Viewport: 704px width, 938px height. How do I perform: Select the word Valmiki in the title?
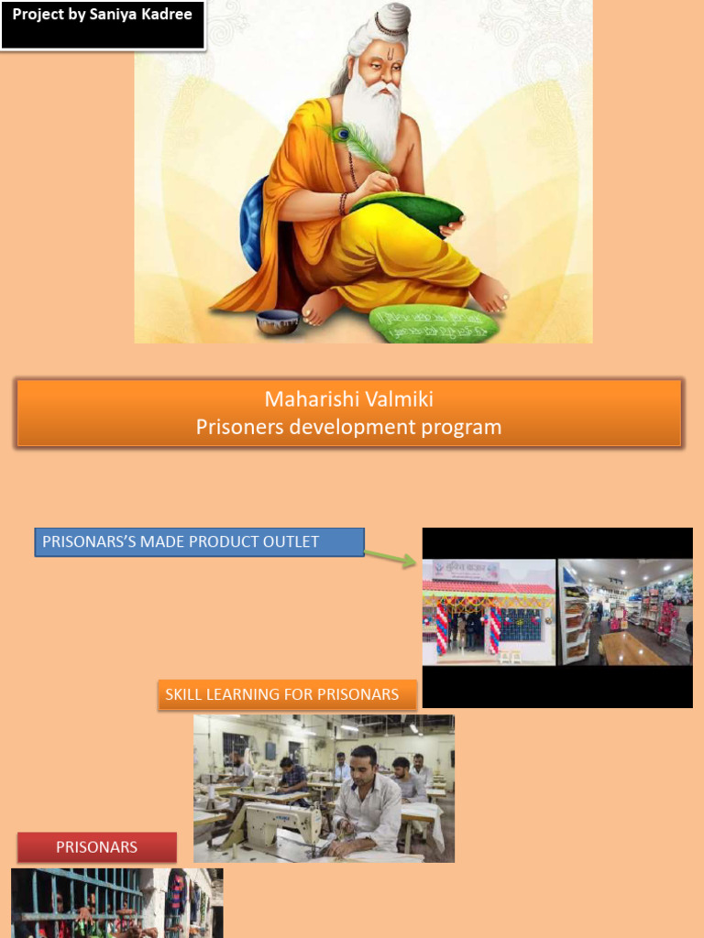[x=398, y=399]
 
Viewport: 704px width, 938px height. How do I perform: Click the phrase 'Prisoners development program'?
[x=348, y=427]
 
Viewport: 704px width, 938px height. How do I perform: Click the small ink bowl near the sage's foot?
[x=278, y=321]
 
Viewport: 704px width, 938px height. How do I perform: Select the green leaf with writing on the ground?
[x=434, y=324]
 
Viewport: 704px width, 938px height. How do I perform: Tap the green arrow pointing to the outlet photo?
[x=390, y=557]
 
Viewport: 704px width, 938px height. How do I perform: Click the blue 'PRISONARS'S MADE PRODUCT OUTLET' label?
[x=199, y=541]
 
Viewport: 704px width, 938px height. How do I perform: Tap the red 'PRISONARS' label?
[x=97, y=847]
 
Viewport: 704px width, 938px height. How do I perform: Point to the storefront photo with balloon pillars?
[x=488, y=611]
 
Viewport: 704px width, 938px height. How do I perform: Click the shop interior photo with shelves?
[x=625, y=611]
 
